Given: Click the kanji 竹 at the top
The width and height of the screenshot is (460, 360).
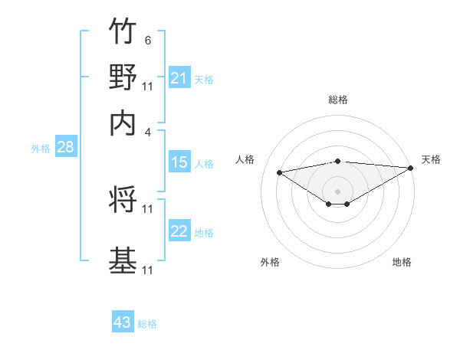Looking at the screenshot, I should (x=123, y=31).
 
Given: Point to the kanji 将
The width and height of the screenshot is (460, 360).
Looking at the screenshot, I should (x=123, y=200).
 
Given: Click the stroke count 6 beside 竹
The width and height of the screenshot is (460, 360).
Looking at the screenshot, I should (x=147, y=40).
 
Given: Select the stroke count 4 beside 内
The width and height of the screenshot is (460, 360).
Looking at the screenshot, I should (x=147, y=132).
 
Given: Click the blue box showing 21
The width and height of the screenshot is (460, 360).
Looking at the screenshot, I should (x=179, y=78).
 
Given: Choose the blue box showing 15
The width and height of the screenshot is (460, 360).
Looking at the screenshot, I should (x=179, y=162).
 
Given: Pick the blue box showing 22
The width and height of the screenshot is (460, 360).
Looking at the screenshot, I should (x=179, y=231).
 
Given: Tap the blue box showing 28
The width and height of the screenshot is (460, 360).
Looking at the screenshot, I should (x=65, y=148).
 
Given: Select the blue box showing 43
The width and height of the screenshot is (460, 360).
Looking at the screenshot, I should (x=123, y=322).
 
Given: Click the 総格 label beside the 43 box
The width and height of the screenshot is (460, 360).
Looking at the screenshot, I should (x=147, y=324).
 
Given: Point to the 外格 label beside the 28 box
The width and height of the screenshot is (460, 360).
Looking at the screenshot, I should (x=40, y=149).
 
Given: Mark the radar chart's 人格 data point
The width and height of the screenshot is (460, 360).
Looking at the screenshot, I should (x=280, y=172).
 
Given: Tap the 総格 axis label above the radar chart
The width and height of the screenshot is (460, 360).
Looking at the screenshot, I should (x=338, y=100).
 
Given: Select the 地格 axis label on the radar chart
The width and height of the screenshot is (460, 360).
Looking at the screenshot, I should (x=402, y=262).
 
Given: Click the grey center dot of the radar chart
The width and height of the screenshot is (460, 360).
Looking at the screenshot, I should (x=338, y=191).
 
